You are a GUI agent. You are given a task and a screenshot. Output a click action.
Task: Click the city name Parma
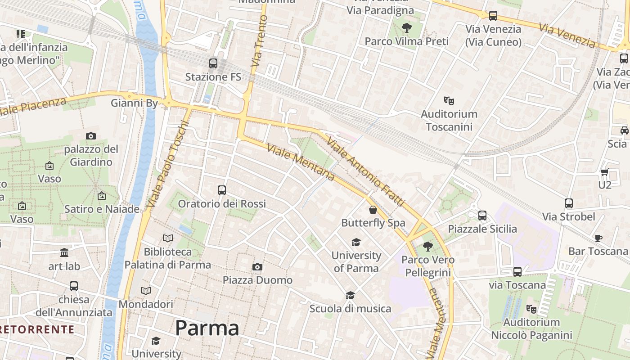tap(207, 328)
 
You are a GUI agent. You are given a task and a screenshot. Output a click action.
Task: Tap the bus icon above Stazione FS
tap(213, 63)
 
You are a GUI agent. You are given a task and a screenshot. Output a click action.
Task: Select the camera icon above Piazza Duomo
tap(257, 267)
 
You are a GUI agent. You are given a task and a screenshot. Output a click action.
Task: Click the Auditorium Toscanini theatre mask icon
tap(449, 100)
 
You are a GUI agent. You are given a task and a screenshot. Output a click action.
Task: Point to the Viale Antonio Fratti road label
tap(365, 171)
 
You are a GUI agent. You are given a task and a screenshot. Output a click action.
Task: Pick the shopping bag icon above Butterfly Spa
tap(373, 210)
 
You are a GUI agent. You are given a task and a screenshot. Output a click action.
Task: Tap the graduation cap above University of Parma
tap(356, 243)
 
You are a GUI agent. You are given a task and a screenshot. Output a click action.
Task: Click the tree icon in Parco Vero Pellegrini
tap(427, 246)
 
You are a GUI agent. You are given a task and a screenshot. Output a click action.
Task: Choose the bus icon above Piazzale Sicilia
tap(482, 216)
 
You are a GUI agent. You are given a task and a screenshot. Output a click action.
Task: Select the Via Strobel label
tap(568, 217)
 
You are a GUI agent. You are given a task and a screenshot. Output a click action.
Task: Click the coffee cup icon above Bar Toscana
tap(598, 238)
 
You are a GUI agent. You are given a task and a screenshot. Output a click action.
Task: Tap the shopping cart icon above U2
tap(604, 172)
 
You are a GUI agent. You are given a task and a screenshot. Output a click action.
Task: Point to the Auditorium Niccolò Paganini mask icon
tap(531, 309)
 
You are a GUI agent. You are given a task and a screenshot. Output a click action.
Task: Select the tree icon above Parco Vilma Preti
tap(406, 28)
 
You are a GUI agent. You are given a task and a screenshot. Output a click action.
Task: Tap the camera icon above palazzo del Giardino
tap(91, 136)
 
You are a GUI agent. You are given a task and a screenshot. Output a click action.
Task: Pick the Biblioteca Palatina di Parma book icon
tap(168, 238)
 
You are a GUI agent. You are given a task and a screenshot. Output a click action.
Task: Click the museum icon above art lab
tap(64, 253)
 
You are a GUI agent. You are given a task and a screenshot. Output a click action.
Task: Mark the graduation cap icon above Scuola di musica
tap(350, 296)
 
